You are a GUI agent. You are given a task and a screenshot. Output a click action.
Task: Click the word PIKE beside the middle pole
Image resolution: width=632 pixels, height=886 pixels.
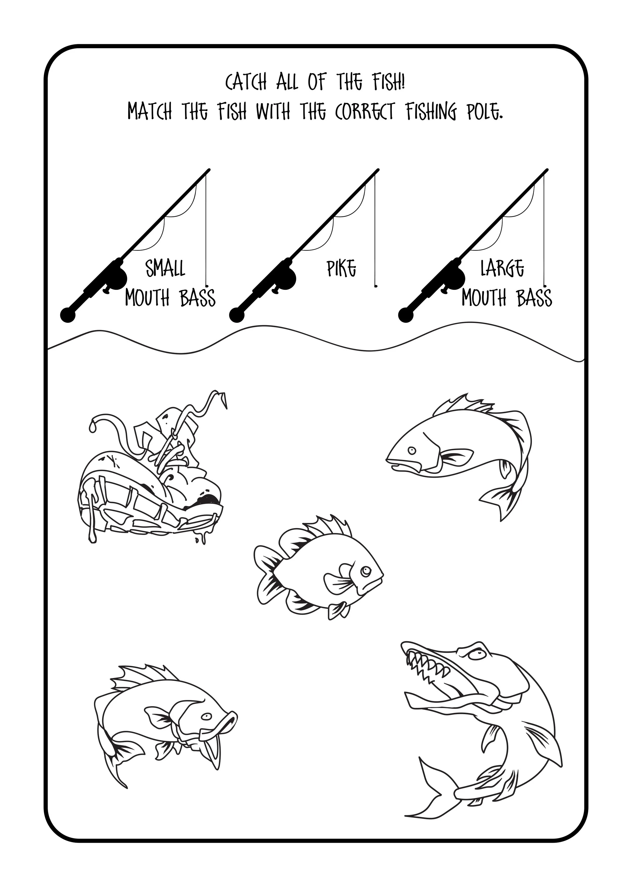coord(341,268)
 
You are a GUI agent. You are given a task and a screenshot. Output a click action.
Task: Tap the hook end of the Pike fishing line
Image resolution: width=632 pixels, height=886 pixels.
coord(376,286)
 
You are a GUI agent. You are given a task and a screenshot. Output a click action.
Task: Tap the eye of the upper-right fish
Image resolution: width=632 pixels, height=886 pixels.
coord(412,450)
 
